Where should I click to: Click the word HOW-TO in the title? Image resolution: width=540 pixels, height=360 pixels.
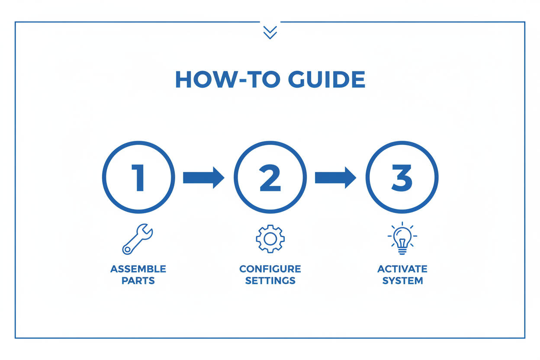point(228,79)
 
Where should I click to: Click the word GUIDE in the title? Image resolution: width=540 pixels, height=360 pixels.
point(327,79)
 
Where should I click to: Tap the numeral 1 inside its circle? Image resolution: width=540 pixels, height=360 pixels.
point(138,178)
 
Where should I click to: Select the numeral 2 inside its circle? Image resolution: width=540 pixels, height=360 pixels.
point(270,178)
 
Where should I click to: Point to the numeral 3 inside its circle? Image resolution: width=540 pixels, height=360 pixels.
point(402,178)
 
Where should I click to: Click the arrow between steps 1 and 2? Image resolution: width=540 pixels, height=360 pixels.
point(204,178)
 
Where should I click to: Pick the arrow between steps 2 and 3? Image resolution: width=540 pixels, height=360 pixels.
point(336,178)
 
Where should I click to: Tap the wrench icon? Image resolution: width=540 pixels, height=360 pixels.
point(137,239)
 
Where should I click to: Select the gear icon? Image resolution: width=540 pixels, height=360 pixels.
point(270,239)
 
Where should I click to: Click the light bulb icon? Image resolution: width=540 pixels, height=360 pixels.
point(402,238)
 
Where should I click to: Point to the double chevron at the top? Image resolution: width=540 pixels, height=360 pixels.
point(270,32)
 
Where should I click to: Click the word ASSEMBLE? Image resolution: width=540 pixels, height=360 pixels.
point(138,269)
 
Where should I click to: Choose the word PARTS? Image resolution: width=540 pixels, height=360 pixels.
point(138,281)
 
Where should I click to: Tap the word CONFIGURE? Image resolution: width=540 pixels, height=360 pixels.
point(270,269)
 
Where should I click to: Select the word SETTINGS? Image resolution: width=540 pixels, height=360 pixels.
point(270,281)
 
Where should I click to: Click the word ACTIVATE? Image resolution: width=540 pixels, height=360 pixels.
point(402,269)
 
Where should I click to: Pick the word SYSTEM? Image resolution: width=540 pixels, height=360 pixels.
point(402,281)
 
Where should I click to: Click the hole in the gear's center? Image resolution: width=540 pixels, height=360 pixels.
point(270,239)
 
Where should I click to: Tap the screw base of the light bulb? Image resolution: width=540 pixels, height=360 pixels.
point(402,251)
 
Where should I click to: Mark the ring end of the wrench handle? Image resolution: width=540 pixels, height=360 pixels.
point(127,250)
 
